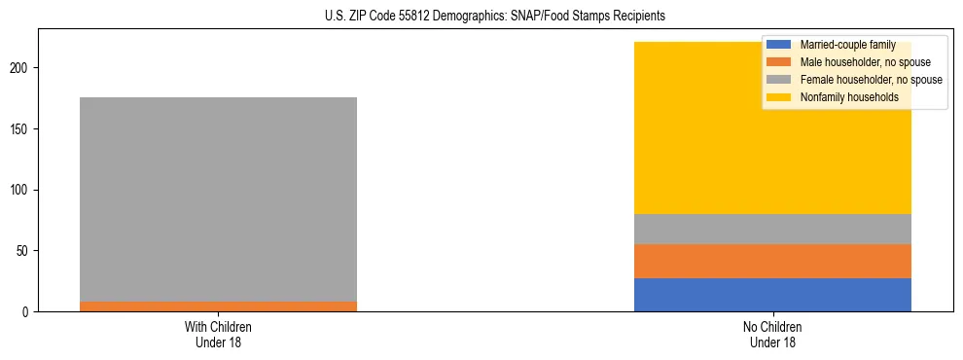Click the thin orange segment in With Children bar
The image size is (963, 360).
tap(218, 306)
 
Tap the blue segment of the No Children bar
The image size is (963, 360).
tap(772, 295)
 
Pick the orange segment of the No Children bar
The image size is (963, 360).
tap(772, 261)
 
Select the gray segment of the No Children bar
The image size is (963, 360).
tap(772, 229)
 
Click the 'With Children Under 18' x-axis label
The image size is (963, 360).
tap(218, 334)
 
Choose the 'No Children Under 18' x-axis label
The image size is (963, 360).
tap(772, 334)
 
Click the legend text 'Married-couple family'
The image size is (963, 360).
tap(847, 45)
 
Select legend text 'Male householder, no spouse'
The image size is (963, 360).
tap(862, 62)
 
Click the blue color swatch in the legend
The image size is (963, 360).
tap(779, 45)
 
